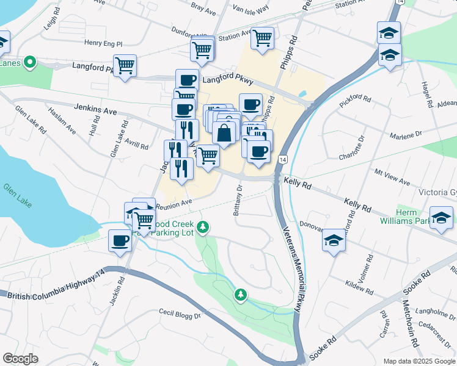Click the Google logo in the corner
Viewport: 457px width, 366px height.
(21, 359)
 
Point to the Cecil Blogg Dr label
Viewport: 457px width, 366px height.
(180, 315)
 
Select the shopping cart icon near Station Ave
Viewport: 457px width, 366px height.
(262, 38)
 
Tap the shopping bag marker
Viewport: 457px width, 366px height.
(224, 133)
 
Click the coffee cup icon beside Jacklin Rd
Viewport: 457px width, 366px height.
(120, 240)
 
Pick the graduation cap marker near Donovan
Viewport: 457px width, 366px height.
(334, 240)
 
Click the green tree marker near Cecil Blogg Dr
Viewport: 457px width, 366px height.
(241, 295)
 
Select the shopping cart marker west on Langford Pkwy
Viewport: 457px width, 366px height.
(125, 65)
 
